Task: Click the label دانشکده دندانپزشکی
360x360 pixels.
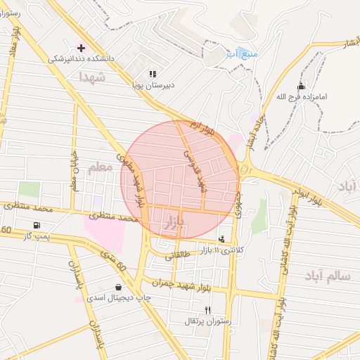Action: [77, 59]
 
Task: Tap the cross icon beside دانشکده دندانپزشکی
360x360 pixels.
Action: [81, 48]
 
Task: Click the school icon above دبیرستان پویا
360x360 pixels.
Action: [153, 74]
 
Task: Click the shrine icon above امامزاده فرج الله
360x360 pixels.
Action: [302, 86]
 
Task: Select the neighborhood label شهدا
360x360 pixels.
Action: [92, 77]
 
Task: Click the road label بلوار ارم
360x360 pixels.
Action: [206, 127]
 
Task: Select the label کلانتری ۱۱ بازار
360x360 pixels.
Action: [222, 250]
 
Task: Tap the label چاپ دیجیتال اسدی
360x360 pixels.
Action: [117, 297]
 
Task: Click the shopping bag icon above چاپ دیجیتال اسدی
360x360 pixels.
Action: [117, 287]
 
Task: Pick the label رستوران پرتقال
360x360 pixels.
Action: [207, 321]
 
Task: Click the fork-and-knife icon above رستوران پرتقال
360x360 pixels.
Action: [207, 309]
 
